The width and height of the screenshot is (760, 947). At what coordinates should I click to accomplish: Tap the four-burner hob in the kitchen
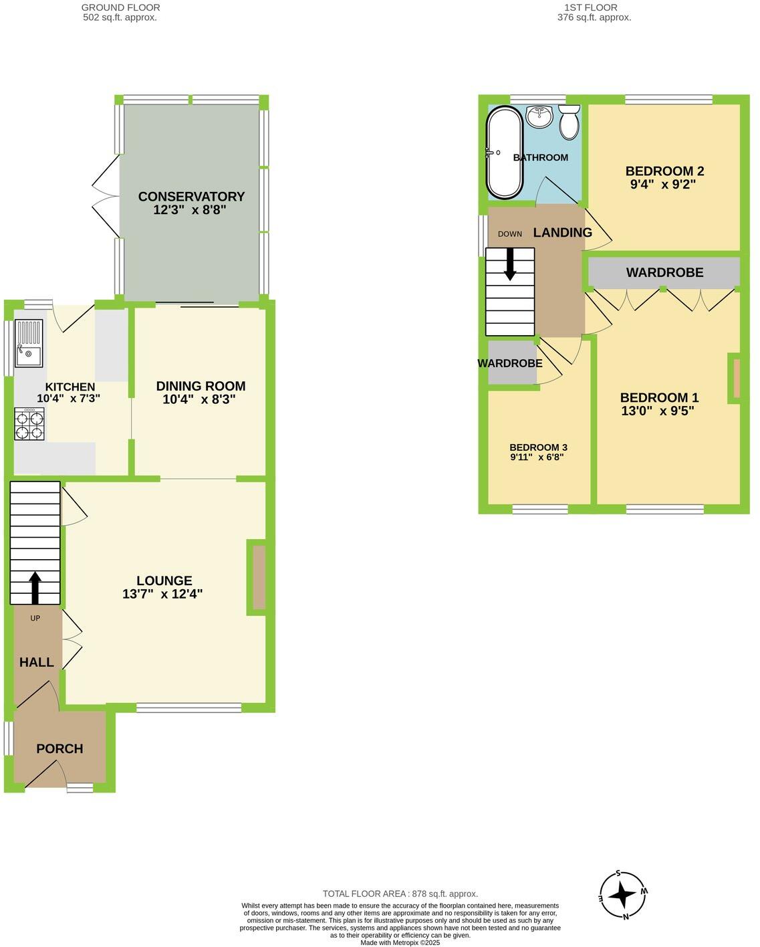point(29,424)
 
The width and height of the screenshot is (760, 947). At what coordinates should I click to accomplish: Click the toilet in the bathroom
point(569,122)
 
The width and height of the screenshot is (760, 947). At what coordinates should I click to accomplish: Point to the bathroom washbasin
point(539,116)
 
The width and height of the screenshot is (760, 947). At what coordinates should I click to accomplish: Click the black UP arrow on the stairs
point(35,587)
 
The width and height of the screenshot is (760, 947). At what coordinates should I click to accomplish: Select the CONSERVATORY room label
point(191,197)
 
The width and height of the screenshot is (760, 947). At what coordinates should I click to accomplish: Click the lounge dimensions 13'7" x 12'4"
point(162,594)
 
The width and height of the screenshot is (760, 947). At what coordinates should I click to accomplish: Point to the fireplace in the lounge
point(259,577)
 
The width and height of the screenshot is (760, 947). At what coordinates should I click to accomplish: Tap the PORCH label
point(59,749)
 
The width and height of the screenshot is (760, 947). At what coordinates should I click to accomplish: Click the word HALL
point(37,663)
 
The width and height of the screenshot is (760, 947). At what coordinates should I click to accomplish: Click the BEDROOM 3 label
point(538,447)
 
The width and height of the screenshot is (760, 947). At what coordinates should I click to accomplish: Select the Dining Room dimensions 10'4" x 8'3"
point(199,400)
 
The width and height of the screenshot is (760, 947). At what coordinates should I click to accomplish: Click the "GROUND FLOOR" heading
point(120,7)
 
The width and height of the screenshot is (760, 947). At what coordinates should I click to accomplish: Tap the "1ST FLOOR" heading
point(590,7)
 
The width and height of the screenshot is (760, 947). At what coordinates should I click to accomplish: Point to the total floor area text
point(400,893)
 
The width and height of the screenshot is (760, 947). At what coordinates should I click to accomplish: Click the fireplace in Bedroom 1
point(736,379)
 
